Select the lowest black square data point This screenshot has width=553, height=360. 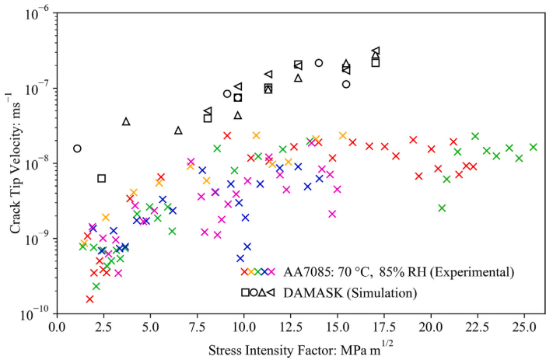101,178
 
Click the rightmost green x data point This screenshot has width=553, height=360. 534,147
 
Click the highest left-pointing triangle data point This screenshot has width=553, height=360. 376,51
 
